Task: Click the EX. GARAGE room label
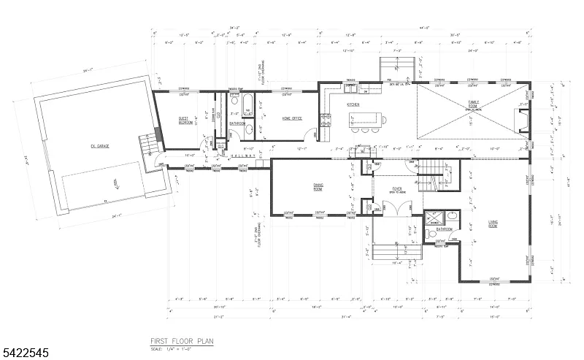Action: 100,146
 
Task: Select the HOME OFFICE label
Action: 272,117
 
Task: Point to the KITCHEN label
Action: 353,104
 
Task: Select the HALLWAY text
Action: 241,157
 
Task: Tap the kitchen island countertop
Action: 364,118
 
